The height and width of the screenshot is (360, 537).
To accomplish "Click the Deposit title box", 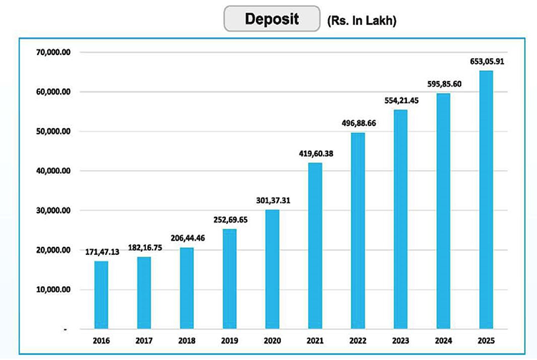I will [271, 19].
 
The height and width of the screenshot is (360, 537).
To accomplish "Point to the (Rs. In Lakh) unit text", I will [361, 21].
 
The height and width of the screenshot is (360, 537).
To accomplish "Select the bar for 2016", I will [101, 294].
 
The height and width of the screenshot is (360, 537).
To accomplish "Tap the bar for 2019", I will [229, 278].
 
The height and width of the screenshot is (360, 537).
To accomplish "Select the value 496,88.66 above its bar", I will [358, 122].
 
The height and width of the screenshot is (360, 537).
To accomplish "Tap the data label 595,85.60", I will [443, 84].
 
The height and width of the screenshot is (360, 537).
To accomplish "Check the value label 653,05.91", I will [486, 60].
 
